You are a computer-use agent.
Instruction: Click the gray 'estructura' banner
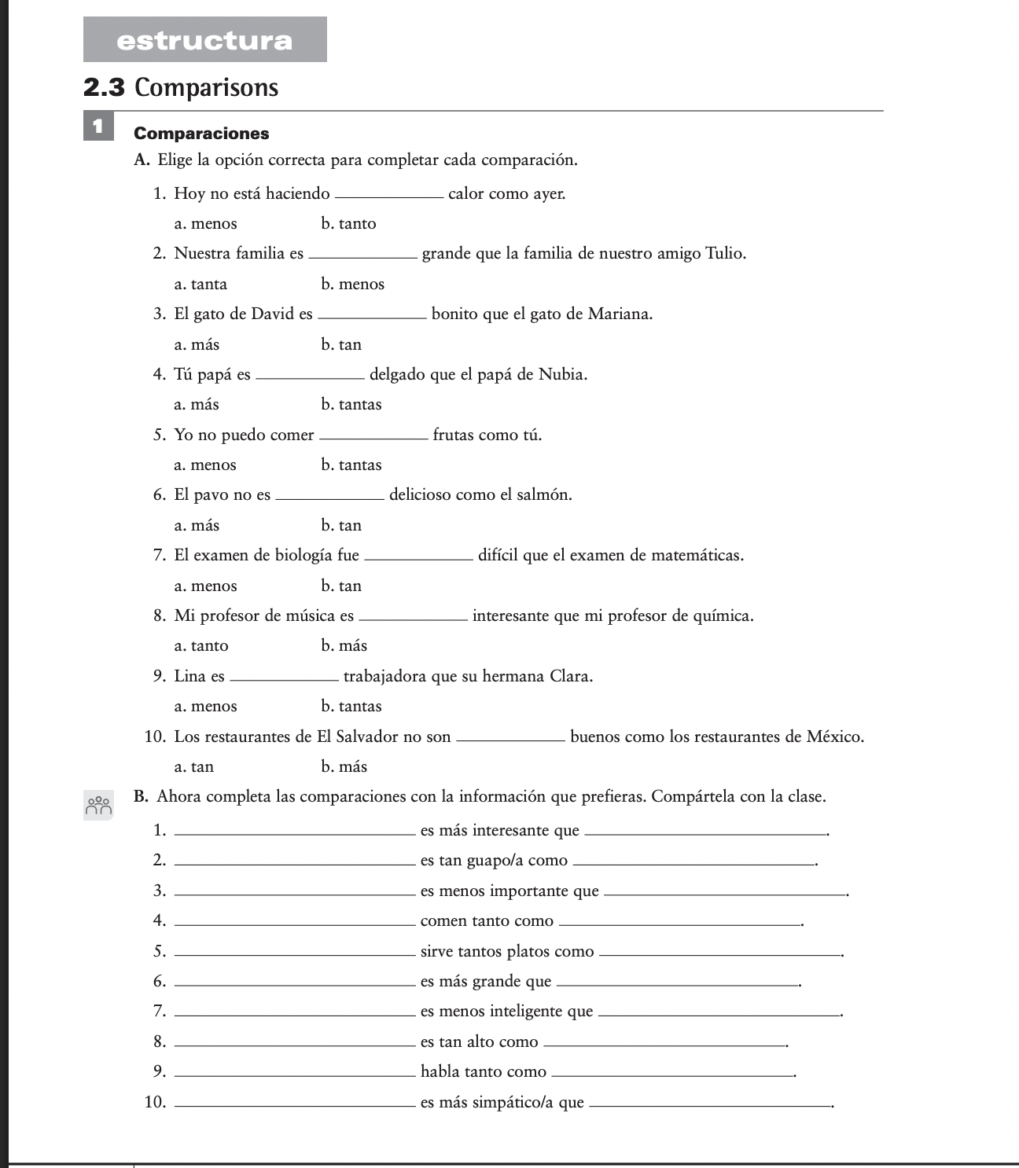204,39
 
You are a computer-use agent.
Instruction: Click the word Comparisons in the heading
206,87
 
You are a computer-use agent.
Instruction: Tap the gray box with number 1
97,127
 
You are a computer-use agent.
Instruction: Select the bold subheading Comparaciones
201,134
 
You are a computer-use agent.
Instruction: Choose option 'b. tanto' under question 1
348,224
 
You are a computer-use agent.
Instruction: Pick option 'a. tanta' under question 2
200,285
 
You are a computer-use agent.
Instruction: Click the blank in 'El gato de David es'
372,314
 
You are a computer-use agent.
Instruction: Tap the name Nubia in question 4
562,375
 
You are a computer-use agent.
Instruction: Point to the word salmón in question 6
545,495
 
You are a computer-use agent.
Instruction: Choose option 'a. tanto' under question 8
201,646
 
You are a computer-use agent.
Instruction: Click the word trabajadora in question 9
388,677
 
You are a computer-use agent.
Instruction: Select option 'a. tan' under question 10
194,767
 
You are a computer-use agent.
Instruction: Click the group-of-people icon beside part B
99,805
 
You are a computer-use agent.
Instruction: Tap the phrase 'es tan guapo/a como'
494,861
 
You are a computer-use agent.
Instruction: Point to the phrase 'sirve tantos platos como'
507,952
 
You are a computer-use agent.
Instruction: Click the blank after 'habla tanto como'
673,1073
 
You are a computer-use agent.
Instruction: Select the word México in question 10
834,737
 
